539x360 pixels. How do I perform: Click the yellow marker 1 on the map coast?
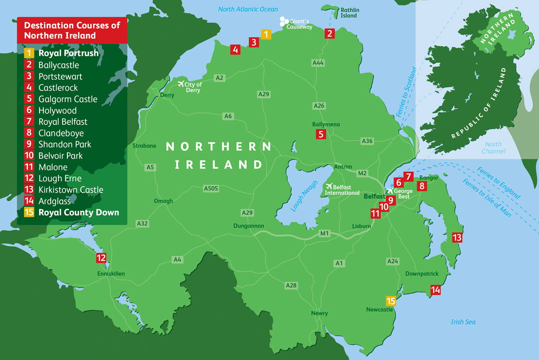click(x=266, y=34)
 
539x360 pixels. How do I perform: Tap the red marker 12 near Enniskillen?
click(x=101, y=258)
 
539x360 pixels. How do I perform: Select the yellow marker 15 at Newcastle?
click(x=391, y=300)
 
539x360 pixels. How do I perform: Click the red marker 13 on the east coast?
click(x=457, y=237)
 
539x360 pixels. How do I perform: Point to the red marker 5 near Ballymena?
click(x=320, y=133)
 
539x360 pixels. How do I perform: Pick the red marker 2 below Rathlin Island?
click(x=330, y=33)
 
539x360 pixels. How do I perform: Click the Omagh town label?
click(x=163, y=201)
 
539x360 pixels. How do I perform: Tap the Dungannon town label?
click(x=249, y=226)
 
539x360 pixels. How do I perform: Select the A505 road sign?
click(x=211, y=188)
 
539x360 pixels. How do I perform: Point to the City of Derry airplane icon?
click(x=182, y=84)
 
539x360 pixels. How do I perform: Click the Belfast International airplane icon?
click(x=329, y=186)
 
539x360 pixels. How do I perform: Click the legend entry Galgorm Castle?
click(x=68, y=99)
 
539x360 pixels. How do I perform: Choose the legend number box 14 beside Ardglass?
click(x=29, y=201)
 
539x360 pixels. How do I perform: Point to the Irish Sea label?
click(x=463, y=322)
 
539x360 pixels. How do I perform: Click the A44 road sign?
click(x=318, y=63)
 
